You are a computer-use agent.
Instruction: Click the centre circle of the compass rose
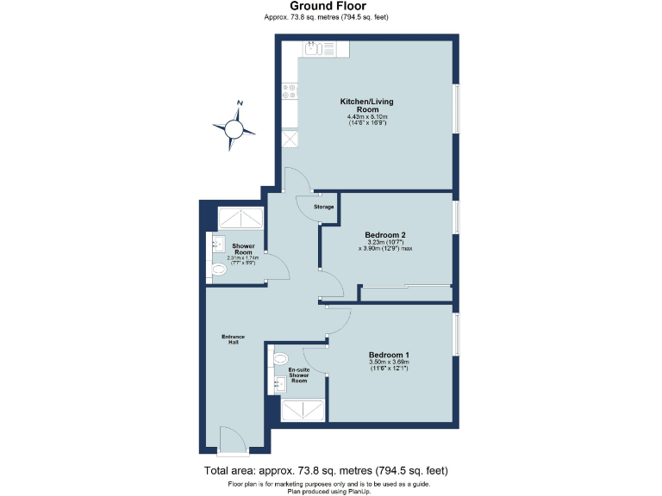point(233,129)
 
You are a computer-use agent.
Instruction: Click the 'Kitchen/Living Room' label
point(367,106)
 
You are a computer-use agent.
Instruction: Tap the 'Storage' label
point(323,207)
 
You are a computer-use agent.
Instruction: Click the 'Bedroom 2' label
point(384,235)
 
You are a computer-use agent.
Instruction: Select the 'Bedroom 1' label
point(389,355)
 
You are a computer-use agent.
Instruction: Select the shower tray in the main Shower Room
point(240,218)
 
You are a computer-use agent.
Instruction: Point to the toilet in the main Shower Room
point(218,271)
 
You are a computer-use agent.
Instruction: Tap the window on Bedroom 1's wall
point(455,333)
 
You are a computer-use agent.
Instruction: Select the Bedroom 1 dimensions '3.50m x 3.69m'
point(389,363)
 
